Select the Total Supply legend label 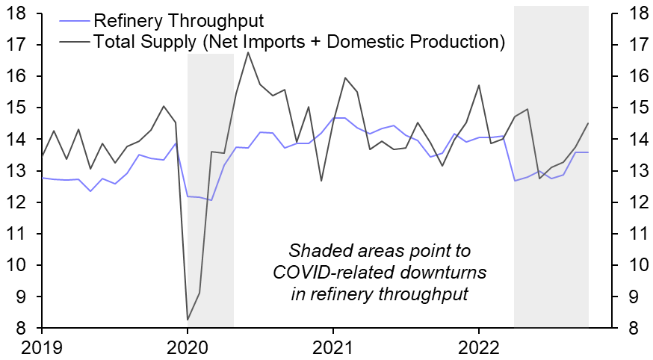[x=297, y=41]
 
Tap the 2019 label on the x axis [x=42, y=348]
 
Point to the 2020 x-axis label [x=188, y=348]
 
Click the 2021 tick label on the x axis [x=332, y=348]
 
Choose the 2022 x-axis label [x=478, y=348]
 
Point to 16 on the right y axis [x=632, y=76]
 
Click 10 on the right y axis [x=632, y=266]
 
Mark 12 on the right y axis [x=632, y=202]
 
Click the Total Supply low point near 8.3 [x=187, y=320]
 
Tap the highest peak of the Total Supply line [x=248, y=52]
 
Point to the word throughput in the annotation [x=426, y=294]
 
